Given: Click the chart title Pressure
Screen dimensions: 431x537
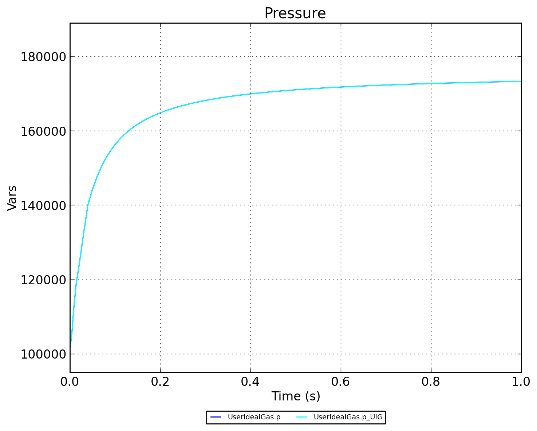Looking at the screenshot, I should (295, 14).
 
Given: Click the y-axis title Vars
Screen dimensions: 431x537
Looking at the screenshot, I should (12, 198).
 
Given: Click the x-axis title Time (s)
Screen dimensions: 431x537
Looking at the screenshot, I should (296, 396).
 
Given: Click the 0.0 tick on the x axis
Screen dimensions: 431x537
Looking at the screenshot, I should (70, 381).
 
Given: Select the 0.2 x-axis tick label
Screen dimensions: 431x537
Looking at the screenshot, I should (160, 381).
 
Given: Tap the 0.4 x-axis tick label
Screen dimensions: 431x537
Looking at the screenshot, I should (250, 381).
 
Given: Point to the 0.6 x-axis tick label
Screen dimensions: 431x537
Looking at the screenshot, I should (341, 381).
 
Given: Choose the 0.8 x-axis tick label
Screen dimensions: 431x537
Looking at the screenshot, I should (431, 381).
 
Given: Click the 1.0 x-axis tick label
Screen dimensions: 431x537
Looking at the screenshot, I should (521, 381).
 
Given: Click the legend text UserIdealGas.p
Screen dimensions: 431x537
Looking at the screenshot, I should (254, 417).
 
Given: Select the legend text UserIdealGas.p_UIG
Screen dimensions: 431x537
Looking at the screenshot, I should (348, 417).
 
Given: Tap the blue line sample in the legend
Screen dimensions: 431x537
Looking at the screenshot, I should (216, 417).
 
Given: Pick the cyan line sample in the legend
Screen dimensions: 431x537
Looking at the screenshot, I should (302, 417).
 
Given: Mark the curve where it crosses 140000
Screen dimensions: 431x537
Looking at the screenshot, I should (88, 205).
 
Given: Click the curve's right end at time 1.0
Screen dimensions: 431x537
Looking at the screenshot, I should (521, 81).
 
